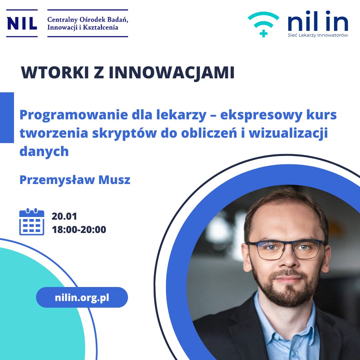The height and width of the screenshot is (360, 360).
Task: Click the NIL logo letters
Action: [x=22, y=23]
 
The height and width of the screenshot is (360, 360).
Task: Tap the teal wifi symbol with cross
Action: [x=264, y=24]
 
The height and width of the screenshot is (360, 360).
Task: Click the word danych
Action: [x=44, y=152]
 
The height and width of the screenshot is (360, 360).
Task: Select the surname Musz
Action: [x=114, y=180]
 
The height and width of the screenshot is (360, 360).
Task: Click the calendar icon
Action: [x=32, y=222]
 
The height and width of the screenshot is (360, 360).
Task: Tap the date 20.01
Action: [x=64, y=216]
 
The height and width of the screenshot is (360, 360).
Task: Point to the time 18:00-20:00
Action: [x=79, y=230]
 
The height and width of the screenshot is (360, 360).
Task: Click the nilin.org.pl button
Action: [x=82, y=297]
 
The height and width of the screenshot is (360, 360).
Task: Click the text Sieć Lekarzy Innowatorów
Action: [x=318, y=35]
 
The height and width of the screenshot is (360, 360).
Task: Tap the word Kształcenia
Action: [x=100, y=28]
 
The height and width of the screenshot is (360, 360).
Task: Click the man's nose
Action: [x=287, y=259]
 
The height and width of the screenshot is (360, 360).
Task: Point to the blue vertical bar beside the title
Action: [x=7, y=118]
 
